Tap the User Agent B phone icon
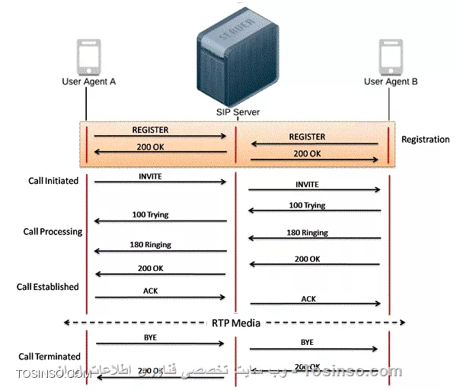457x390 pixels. [390, 56]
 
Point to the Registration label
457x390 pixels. [425, 140]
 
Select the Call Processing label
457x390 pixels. [53, 230]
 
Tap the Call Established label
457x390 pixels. [48, 287]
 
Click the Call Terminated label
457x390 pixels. [48, 356]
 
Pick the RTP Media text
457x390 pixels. [236, 323]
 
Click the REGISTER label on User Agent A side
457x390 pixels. [150, 130]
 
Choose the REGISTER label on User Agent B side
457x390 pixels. [307, 137]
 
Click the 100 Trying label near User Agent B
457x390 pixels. [307, 205]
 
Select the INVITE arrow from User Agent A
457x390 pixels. [161, 182]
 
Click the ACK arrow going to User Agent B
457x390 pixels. [315, 305]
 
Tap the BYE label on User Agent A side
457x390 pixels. [150, 336]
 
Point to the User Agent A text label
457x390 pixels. [89, 82]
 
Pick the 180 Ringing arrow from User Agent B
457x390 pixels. [315, 237]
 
